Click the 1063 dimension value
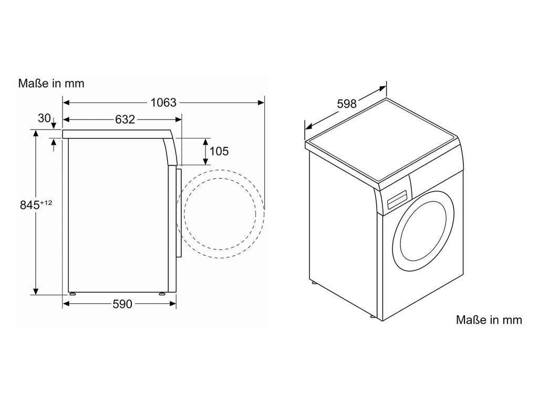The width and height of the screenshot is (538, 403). coord(163,102)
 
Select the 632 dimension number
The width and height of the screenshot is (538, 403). coord(125,120)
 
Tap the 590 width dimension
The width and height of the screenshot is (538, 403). coord(122,304)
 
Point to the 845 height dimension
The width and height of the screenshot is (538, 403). coord(30,205)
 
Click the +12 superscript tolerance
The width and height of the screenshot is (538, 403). coord(46,203)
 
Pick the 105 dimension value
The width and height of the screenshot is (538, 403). coord(219,151)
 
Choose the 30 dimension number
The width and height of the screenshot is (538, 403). coord(44,118)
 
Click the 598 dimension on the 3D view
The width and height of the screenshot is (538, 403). coord(347,103)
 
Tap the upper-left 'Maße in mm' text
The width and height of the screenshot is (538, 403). coord(51,83)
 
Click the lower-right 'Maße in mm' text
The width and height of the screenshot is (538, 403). coord(489,320)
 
